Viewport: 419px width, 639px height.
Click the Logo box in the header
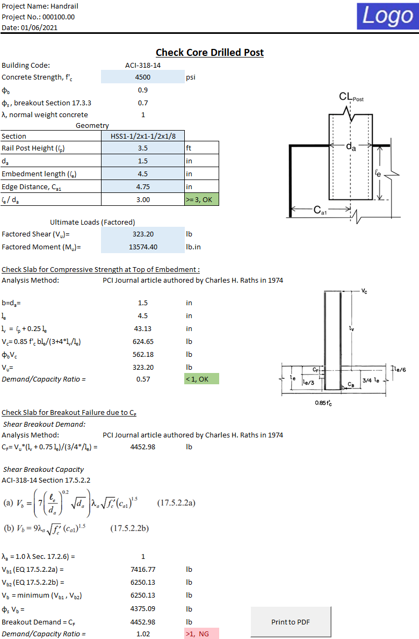(x=387, y=16)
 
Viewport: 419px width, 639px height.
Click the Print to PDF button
(x=291, y=622)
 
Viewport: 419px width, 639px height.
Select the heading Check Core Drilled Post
(x=209, y=52)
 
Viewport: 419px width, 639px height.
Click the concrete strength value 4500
(x=143, y=77)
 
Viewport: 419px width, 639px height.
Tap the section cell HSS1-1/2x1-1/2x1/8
(x=143, y=136)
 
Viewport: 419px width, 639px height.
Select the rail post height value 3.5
(x=143, y=148)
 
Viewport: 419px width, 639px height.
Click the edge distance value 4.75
(x=143, y=186)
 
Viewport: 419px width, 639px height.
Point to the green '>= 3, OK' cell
(x=201, y=199)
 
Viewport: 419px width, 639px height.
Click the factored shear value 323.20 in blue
(x=143, y=234)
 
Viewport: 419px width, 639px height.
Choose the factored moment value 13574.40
(x=143, y=247)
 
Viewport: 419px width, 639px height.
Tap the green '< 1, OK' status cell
(x=201, y=379)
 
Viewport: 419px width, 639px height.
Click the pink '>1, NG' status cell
(x=201, y=634)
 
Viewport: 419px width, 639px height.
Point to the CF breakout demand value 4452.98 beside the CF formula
(x=143, y=447)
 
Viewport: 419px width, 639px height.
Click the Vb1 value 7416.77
(x=143, y=569)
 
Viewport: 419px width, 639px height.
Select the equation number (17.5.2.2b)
(x=129, y=528)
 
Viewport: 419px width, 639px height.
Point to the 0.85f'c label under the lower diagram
(x=323, y=403)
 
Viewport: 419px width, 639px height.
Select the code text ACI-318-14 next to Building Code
(x=143, y=65)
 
